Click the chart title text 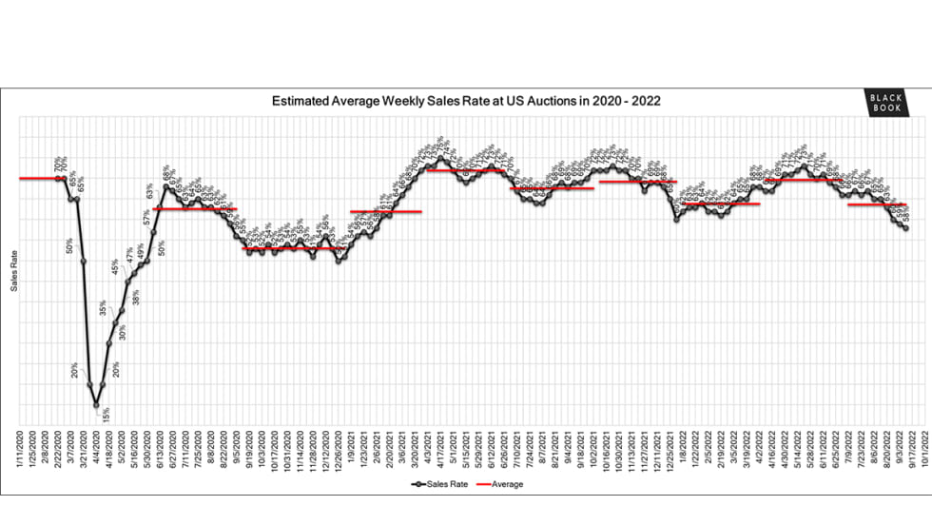click(466, 101)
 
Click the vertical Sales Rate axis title click(14, 271)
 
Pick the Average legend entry click(503, 484)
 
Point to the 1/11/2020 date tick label click(21, 446)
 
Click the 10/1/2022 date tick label click(917, 446)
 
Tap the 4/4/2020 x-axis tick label click(96, 446)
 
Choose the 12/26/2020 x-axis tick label click(339, 446)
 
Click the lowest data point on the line click(96, 405)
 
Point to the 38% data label click(136, 296)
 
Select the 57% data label click(147, 216)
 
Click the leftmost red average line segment click(40, 178)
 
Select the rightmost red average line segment click(874, 204)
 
